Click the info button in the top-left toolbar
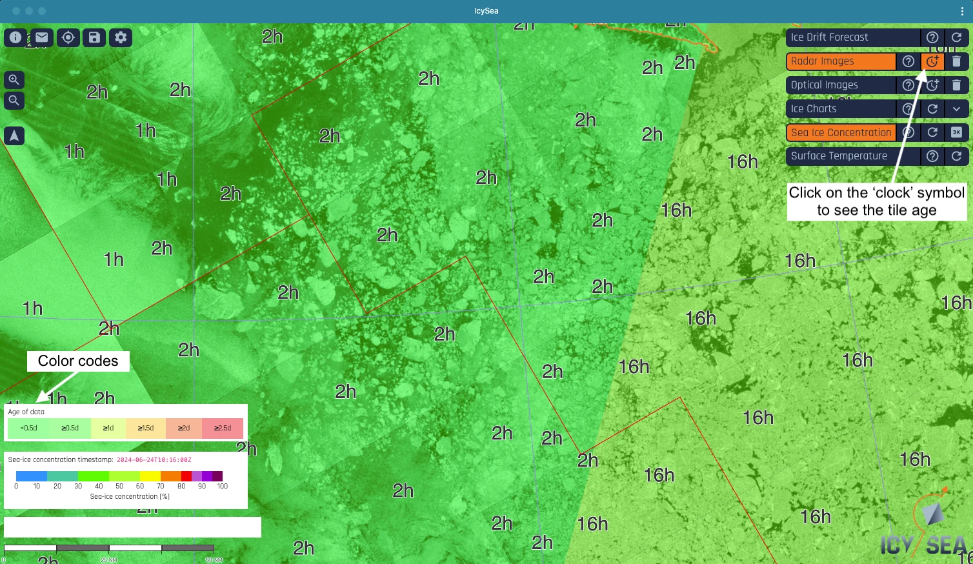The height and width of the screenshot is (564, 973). point(15,37)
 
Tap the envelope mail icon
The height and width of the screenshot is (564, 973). point(42,37)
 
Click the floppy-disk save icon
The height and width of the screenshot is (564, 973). point(94,37)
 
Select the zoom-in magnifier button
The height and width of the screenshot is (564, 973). point(14,80)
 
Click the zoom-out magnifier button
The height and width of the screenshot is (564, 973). point(14,101)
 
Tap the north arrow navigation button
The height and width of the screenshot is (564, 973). point(14,136)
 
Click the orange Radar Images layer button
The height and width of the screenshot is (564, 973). point(840,61)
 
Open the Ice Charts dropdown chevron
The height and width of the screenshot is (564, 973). point(957,109)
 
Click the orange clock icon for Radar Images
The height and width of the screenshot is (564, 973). point(932,61)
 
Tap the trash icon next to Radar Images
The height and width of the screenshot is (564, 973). point(957,61)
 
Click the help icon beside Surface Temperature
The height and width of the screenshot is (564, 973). point(932,156)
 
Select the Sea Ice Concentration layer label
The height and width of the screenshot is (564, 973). point(840,133)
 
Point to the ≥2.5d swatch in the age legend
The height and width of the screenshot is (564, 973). point(223,428)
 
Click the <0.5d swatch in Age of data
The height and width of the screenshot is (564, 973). point(28,428)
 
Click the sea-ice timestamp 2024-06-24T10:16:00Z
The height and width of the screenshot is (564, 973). point(154,460)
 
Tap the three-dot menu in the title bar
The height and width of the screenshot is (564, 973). point(962,11)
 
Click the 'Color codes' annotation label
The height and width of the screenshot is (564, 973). point(78,361)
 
